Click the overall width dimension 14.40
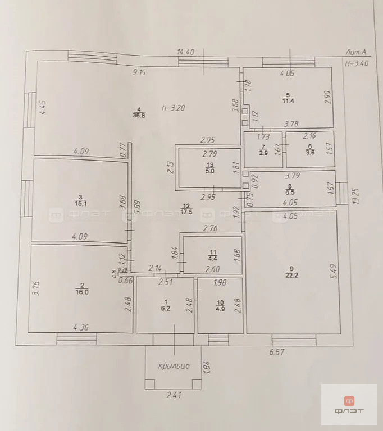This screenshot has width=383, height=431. pyautogui.click(x=185, y=52)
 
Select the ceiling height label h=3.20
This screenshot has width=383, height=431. pyautogui.click(x=172, y=107)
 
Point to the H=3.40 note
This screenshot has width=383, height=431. pyautogui.click(x=357, y=63)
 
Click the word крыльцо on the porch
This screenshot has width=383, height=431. pyautogui.click(x=173, y=365)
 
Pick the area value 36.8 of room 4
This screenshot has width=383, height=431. pyautogui.click(x=139, y=116)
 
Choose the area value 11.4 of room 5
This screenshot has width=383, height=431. pyautogui.click(x=288, y=101)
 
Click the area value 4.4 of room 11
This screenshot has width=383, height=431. pyautogui.click(x=212, y=258)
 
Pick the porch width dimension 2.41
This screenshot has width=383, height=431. pyautogui.click(x=174, y=395)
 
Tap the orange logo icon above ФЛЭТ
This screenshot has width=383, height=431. pyautogui.click(x=349, y=401)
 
